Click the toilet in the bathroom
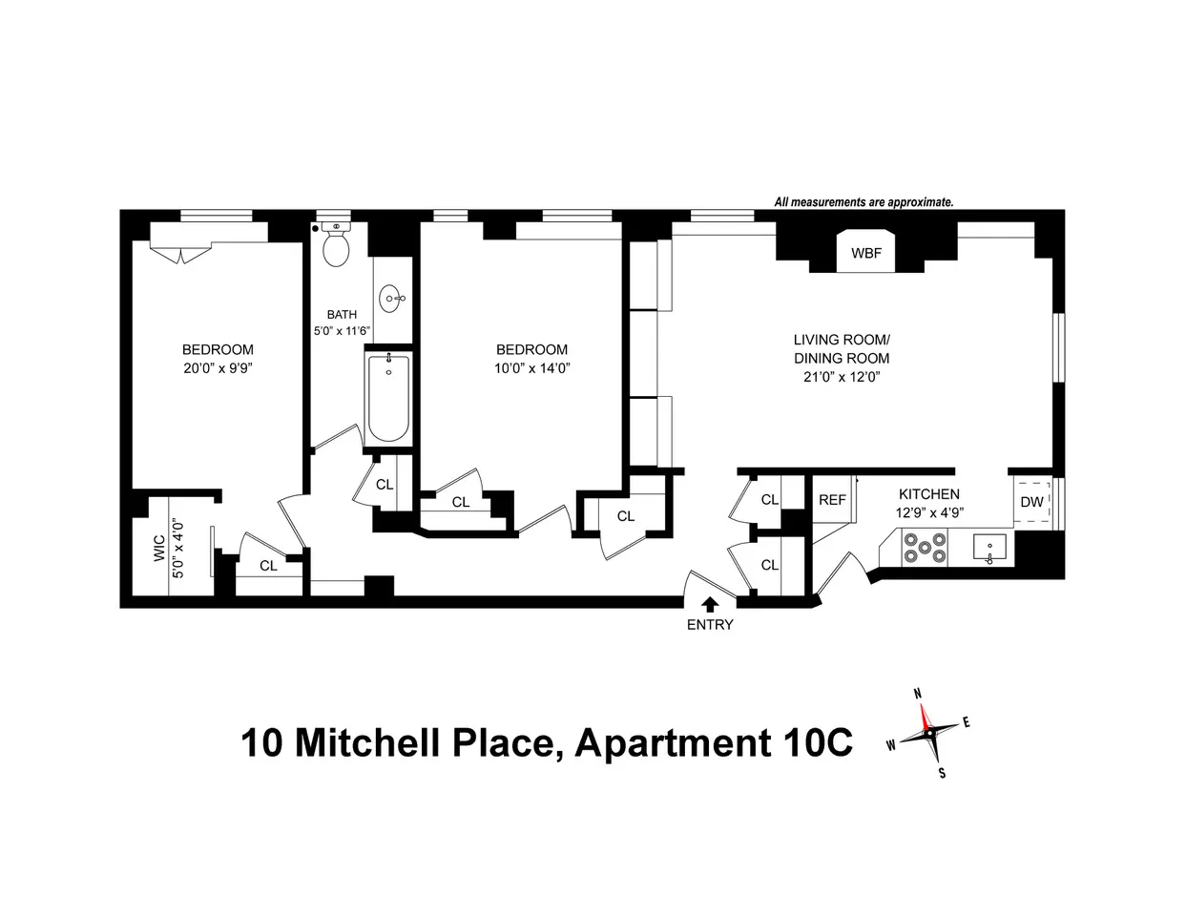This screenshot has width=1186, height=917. (335, 247)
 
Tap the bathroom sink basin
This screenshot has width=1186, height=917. (392, 299)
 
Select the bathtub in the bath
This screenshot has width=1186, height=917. (388, 398)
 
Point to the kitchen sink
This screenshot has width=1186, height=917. (989, 548)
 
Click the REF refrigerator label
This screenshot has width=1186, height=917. (832, 500)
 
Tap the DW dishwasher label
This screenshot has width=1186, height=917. (1031, 502)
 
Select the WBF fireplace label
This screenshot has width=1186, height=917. (866, 253)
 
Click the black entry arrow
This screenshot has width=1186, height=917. (709, 603)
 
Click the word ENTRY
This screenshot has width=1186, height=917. (710, 625)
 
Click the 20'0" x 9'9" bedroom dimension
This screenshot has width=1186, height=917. (218, 367)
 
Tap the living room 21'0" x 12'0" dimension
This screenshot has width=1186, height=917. (842, 376)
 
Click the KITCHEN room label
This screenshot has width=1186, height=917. (928, 494)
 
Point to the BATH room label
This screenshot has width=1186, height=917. (342, 314)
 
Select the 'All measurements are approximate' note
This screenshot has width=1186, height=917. (863, 202)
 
